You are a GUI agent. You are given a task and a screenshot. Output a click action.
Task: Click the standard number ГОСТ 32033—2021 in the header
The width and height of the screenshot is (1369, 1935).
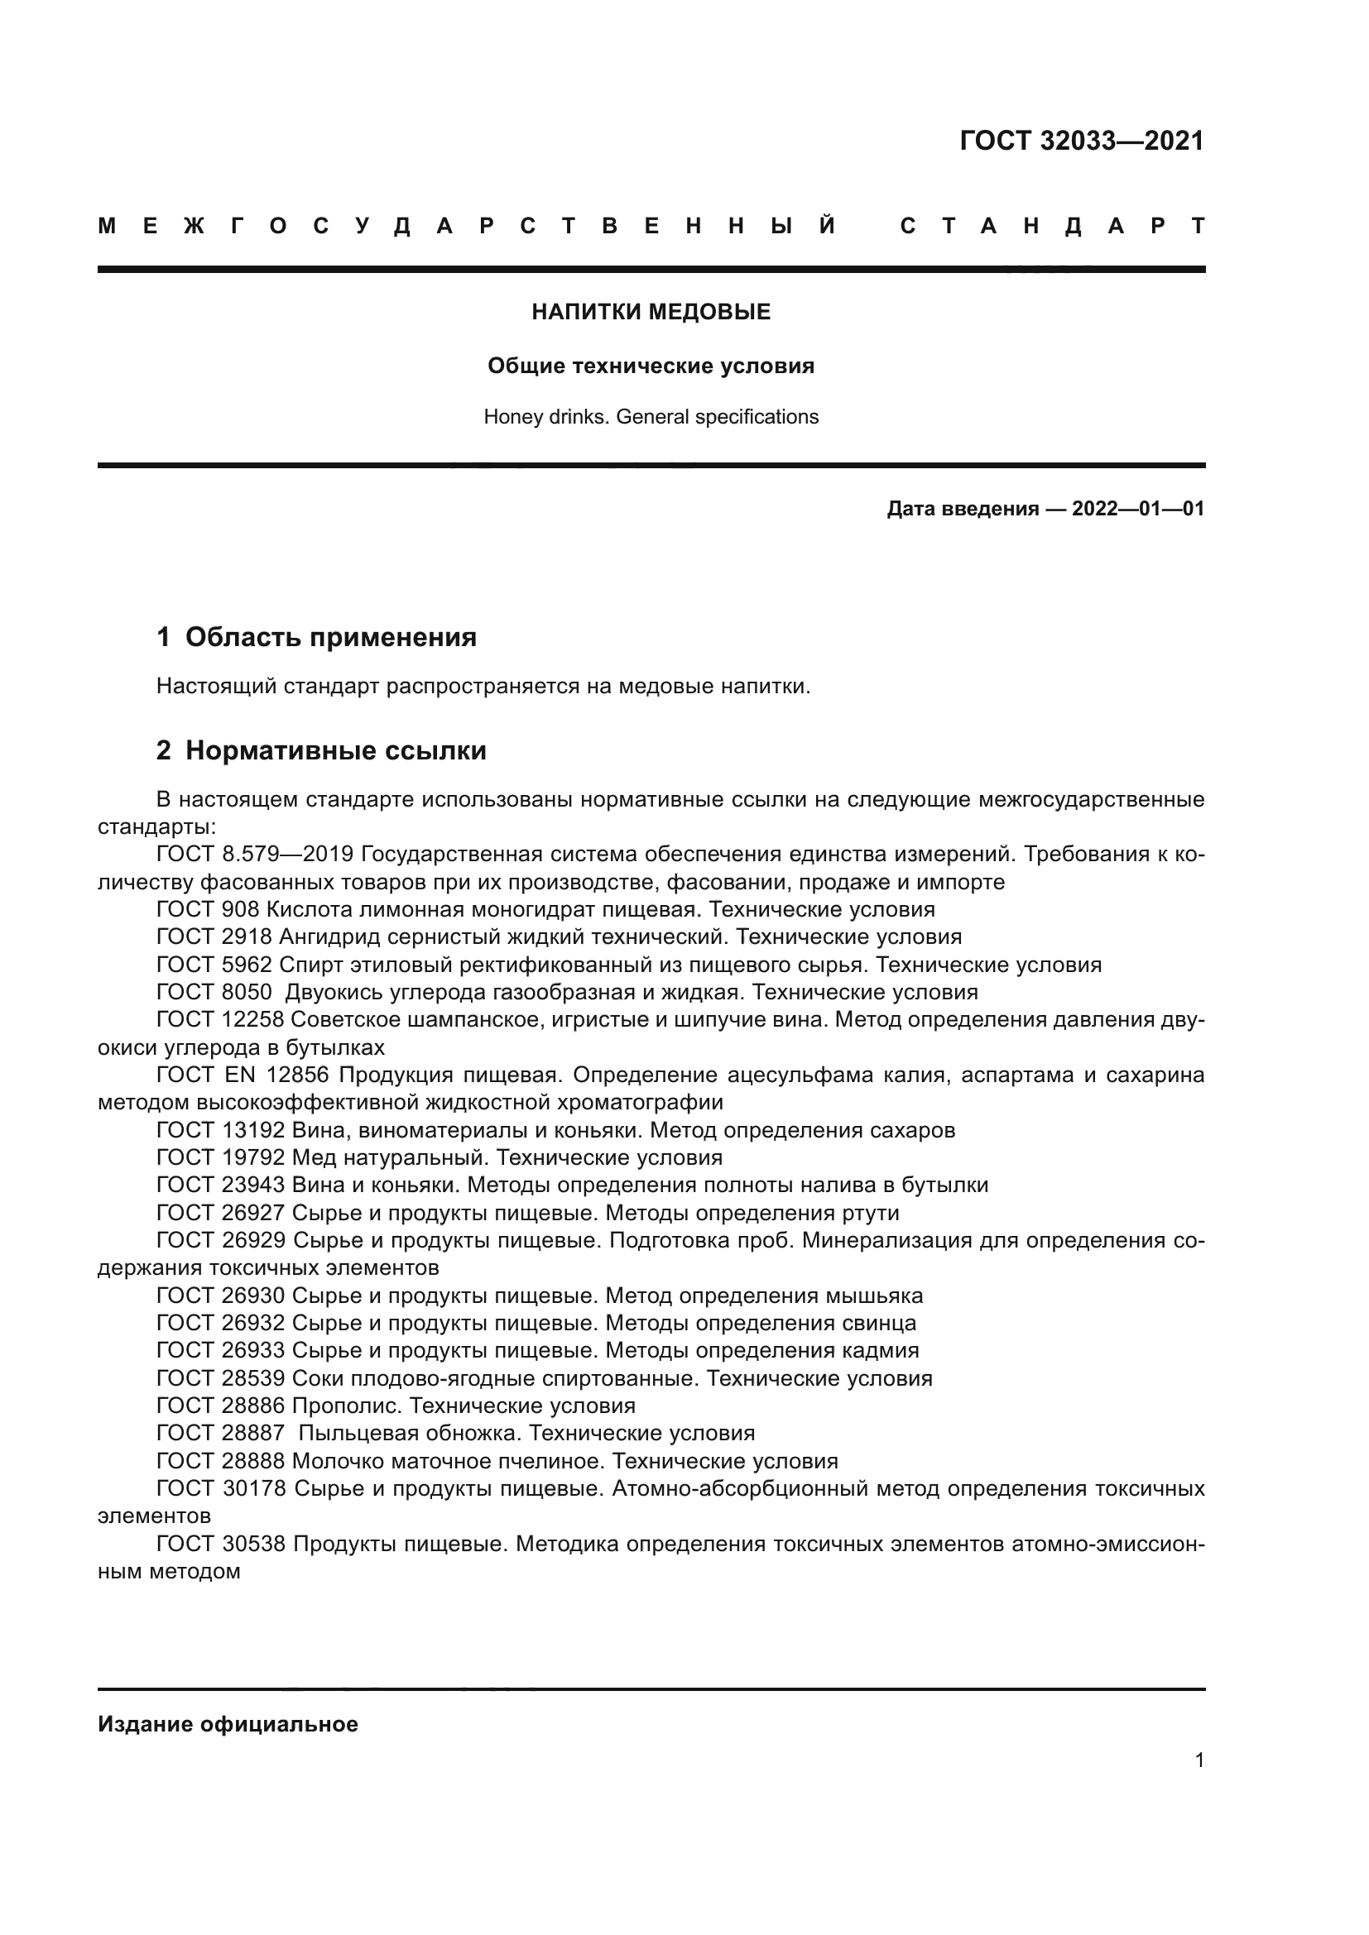[x=1082, y=141]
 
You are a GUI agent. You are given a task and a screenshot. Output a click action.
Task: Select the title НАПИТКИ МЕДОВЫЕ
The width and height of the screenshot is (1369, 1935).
[x=651, y=313]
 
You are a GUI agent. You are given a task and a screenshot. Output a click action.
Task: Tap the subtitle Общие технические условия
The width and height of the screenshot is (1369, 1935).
[x=651, y=366]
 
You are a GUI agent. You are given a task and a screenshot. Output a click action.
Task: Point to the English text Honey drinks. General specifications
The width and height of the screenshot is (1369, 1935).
[x=651, y=417]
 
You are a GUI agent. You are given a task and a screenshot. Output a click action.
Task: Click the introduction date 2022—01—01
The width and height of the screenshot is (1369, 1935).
[x=1138, y=509]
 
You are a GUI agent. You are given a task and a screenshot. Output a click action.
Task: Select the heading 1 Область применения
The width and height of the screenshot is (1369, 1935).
[x=317, y=637]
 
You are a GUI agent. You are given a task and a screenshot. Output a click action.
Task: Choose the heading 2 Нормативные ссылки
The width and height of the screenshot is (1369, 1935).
[x=321, y=750]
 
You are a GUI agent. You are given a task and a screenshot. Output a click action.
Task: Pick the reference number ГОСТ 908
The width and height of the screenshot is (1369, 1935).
[x=209, y=909]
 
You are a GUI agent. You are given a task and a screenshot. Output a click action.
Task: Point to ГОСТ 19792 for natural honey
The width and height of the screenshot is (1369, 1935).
[x=221, y=1158]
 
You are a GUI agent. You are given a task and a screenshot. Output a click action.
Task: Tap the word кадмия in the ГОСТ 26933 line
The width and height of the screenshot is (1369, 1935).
[x=880, y=1351]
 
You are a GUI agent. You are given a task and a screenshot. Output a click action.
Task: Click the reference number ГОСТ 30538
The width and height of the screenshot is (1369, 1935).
[x=221, y=1545]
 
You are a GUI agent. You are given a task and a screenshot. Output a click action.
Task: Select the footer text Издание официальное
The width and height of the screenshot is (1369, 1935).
[x=228, y=1724]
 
